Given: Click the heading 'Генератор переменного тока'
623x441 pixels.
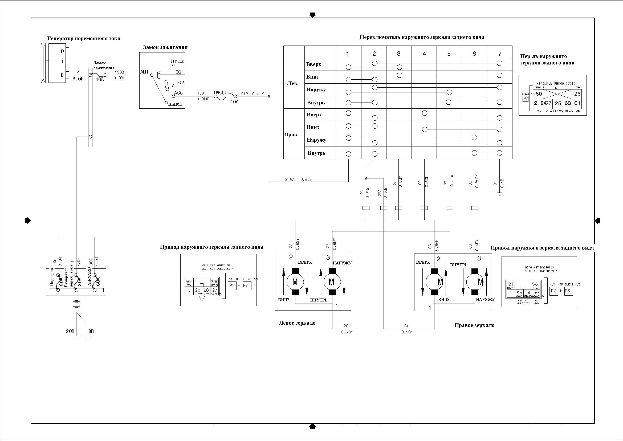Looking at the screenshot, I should pyautogui.click(x=84, y=39).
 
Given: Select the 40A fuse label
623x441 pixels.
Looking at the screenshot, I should pyautogui.click(x=99, y=80).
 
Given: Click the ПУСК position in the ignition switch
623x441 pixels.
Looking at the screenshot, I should pyautogui.click(x=177, y=61).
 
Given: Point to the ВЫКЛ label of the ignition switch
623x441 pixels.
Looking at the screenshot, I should pyautogui.click(x=175, y=104).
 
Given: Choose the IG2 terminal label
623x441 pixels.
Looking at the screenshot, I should pyautogui.click(x=180, y=83).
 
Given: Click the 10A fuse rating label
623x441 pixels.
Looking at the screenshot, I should pyautogui.click(x=234, y=102).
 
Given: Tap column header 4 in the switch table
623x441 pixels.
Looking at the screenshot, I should pyautogui.click(x=424, y=54).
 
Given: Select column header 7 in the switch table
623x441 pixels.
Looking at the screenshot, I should pyautogui.click(x=500, y=54).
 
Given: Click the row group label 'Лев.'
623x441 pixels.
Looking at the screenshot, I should pyautogui.click(x=293, y=84).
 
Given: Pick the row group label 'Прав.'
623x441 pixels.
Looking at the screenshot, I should pyautogui.click(x=291, y=135).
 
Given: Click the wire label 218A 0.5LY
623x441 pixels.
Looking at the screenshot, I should pyautogui.click(x=298, y=179).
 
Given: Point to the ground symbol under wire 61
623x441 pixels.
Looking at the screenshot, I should pyautogui.click(x=499, y=194).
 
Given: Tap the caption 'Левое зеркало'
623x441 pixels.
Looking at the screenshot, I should pyautogui.click(x=297, y=323).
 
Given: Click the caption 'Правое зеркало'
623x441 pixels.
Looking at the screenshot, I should pyautogui.click(x=474, y=325).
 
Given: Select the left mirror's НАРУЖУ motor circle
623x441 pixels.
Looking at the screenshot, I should pyautogui.click(x=331, y=282).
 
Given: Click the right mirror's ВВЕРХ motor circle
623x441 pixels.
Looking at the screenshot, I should pyautogui.click(x=434, y=282).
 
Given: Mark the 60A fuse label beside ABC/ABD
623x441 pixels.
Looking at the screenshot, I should pyautogui.click(x=98, y=281).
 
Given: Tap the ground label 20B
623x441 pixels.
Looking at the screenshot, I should pyautogui.click(x=70, y=331).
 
